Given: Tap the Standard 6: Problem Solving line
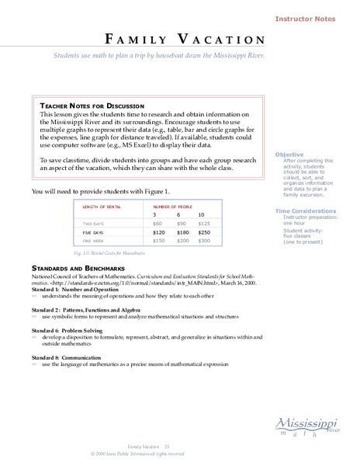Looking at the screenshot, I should point(74,330).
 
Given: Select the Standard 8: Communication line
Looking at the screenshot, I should point(72,357).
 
